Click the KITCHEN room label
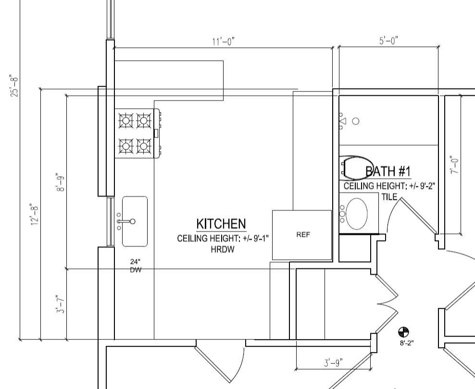click(x=221, y=224)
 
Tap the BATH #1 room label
click(x=388, y=171)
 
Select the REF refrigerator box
click(x=302, y=235)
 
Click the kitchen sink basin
click(x=135, y=221)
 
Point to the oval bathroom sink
click(x=357, y=214)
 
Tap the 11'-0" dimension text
click(x=224, y=41)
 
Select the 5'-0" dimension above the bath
click(x=388, y=40)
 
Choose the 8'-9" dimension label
click(x=60, y=182)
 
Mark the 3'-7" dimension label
click(x=61, y=304)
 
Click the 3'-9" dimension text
click(x=334, y=363)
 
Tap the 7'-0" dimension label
click(x=455, y=165)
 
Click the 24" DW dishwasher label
click(x=136, y=266)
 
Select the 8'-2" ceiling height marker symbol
click(x=403, y=332)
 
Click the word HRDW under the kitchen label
click(x=223, y=250)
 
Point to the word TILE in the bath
click(x=389, y=197)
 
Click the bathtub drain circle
click(x=356, y=122)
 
